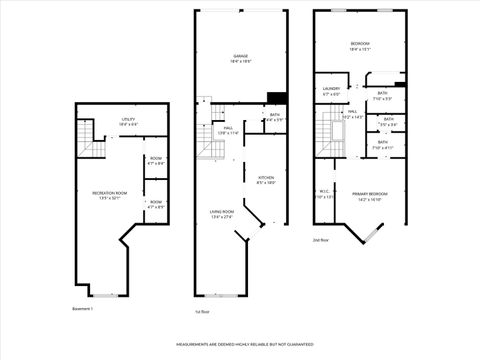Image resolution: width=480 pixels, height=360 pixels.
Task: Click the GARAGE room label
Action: [241, 56]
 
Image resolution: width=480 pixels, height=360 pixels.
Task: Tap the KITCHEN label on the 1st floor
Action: [266, 177]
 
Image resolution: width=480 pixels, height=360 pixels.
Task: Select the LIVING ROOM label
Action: [221, 211]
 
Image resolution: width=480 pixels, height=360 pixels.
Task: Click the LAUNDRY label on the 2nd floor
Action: [332, 88]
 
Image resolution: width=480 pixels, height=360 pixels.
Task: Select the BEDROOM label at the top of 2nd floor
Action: [360, 44]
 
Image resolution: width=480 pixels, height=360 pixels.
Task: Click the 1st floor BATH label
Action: [274, 114]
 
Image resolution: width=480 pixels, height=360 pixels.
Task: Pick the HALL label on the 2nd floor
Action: [352, 112]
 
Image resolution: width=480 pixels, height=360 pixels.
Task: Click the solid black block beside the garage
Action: [277, 97]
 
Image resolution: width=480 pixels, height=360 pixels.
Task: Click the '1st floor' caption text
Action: [202, 311]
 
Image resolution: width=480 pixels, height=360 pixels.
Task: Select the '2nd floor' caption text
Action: [322, 240]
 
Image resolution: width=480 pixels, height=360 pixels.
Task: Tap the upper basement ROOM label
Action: [156, 158]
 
